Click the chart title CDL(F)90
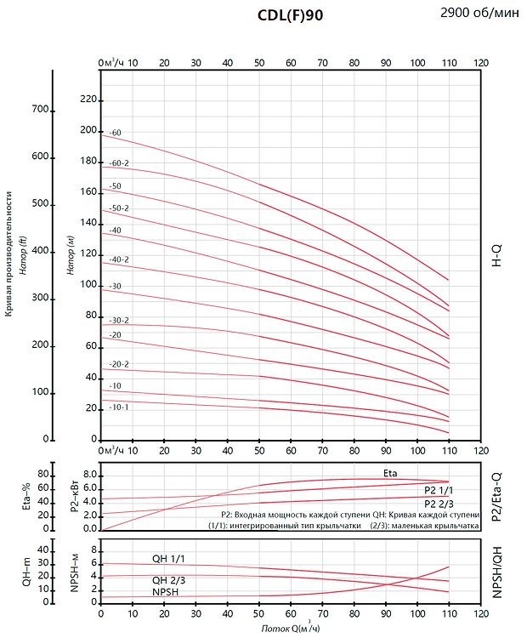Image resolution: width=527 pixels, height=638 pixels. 290,15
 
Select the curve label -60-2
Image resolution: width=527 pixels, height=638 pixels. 119,163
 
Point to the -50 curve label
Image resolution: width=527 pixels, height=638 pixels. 116,185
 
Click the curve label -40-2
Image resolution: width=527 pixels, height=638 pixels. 119,259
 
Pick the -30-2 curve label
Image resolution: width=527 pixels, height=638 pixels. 119,321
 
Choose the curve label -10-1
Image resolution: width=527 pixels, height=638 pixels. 119,407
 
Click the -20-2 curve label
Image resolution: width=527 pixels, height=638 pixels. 119,364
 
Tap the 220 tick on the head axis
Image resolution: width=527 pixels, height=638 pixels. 88,100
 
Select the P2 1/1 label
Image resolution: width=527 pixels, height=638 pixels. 439,492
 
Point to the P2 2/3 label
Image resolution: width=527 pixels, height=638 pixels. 439,504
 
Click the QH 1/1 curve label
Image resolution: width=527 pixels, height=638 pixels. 168,558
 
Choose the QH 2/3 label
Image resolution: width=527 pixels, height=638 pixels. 168,579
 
